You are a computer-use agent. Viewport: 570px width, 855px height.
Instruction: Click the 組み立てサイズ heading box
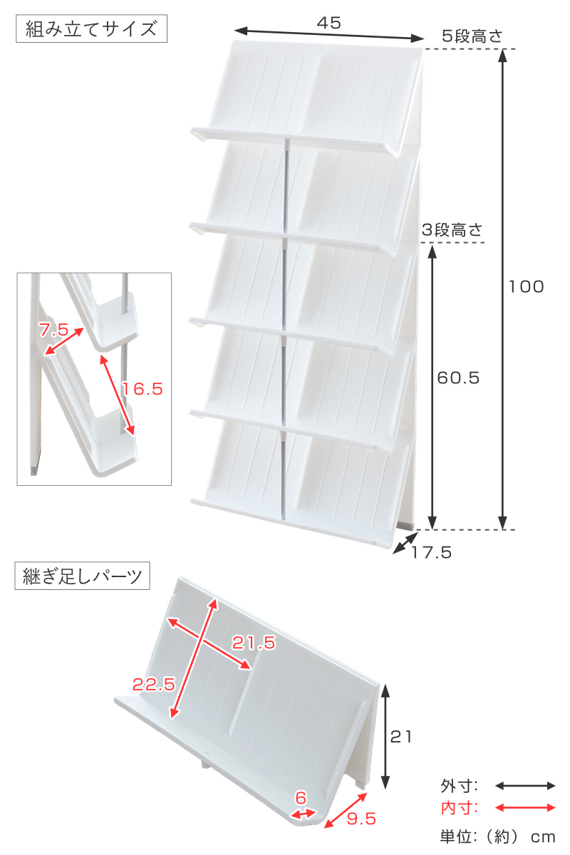point(91,28)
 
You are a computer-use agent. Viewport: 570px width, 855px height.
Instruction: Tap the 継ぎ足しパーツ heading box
point(82,576)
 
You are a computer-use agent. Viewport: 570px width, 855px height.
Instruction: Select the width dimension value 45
point(328,24)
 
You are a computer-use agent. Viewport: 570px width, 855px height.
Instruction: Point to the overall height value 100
point(526,286)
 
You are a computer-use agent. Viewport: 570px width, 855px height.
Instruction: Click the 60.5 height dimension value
point(458,378)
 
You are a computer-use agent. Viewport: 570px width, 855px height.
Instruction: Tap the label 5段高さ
point(472,36)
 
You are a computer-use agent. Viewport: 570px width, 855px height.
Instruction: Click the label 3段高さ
point(452,230)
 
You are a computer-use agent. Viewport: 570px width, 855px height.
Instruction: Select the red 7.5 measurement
point(53,330)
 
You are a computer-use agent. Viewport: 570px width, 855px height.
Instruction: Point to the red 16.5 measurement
point(142,389)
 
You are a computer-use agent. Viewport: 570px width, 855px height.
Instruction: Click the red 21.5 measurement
point(254,643)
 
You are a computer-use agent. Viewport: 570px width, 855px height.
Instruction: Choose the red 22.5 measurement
point(154,685)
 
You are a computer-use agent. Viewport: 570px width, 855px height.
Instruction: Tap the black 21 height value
point(401,737)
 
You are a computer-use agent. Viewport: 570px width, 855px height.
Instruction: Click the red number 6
point(301,798)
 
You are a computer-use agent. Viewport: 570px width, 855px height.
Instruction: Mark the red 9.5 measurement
point(361,819)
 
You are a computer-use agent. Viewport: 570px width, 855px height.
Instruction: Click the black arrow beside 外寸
point(525,786)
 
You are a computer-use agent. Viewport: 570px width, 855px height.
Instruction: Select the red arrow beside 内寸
point(525,808)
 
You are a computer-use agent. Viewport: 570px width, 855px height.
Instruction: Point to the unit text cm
point(542,837)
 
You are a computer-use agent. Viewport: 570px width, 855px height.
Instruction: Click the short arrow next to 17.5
point(405,543)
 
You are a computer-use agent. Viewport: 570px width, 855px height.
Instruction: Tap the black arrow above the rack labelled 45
point(329,34)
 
